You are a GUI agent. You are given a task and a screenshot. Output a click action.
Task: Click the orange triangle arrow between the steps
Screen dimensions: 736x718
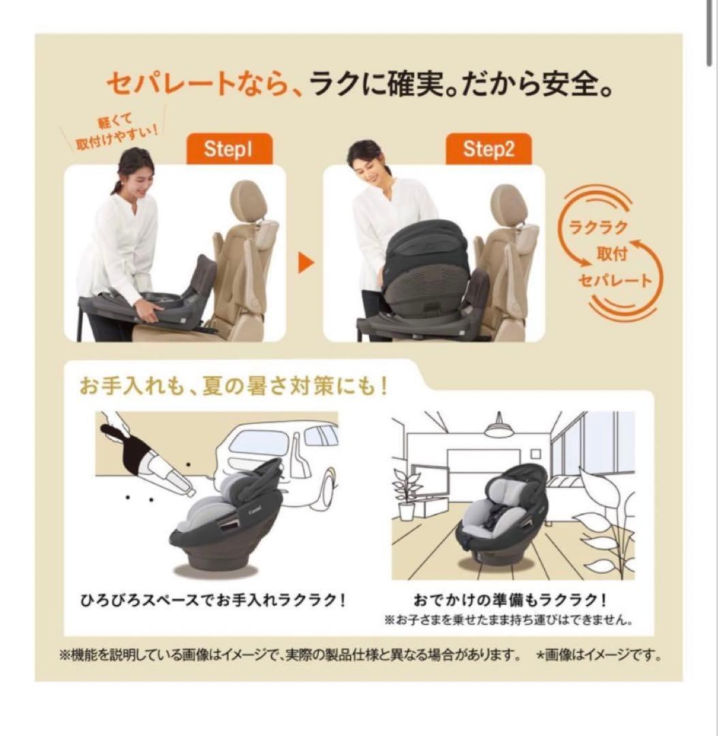306,264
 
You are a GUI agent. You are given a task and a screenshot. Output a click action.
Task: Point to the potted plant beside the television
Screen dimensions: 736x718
407,485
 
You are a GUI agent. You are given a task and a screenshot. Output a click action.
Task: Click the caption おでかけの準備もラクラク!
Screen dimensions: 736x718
510,601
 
